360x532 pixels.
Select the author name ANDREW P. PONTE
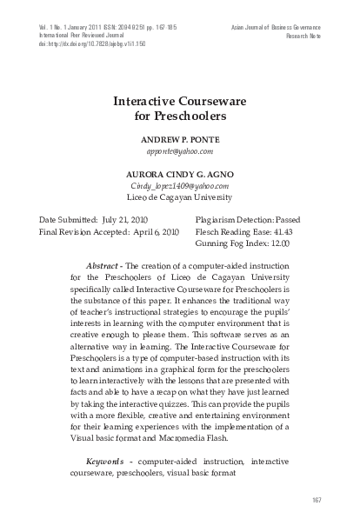tap(180, 138)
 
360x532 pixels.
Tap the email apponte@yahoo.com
tap(180, 150)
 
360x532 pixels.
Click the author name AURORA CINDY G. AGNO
tap(180, 174)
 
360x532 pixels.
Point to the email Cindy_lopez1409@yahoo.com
tap(180, 186)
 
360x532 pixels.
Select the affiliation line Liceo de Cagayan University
tap(180, 198)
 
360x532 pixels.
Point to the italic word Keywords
tap(103, 459)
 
